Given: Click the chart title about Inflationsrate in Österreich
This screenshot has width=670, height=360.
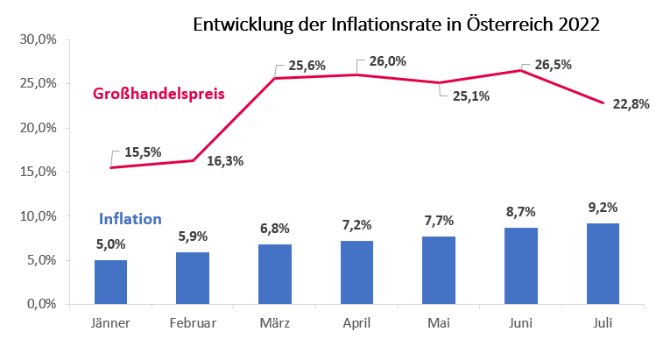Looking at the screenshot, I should pos(396,24).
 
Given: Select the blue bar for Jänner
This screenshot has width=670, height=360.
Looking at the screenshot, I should pos(110,281).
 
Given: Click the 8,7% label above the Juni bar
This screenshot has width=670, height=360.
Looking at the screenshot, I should pos(521,212).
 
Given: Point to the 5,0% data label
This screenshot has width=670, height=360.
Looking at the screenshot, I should pos(110,244).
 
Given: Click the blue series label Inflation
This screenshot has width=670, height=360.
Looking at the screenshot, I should pos(130,219).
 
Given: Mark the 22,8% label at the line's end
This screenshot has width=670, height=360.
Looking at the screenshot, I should pos(631,104).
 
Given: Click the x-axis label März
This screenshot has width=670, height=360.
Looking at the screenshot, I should pos(275,323).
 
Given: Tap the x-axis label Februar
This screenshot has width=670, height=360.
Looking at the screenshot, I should pos(193,323).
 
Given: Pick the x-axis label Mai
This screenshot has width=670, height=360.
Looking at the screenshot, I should pos(440,323).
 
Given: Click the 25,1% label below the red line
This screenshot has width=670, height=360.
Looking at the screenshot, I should pos(471,96).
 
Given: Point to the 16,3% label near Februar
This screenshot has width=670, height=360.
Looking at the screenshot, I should pos(225,160).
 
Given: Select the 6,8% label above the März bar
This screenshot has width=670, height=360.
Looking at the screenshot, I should pos(275,229).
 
